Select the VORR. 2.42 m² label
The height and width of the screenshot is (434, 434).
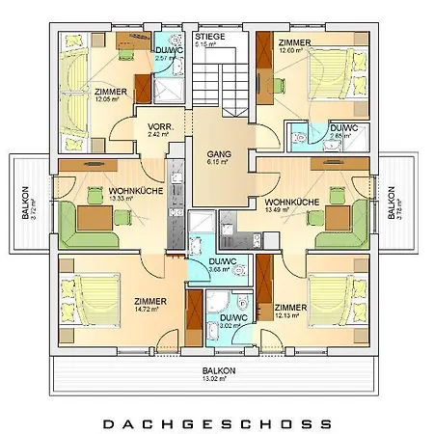tap(159, 132)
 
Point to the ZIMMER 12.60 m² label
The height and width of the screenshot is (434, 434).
tap(293, 47)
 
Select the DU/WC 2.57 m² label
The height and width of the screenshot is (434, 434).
tap(170, 55)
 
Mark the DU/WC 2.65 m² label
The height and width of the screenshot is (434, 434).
tap(343, 132)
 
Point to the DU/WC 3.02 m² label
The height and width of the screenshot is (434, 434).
tap(232, 322)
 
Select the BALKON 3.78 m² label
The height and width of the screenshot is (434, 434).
tap(394, 202)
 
